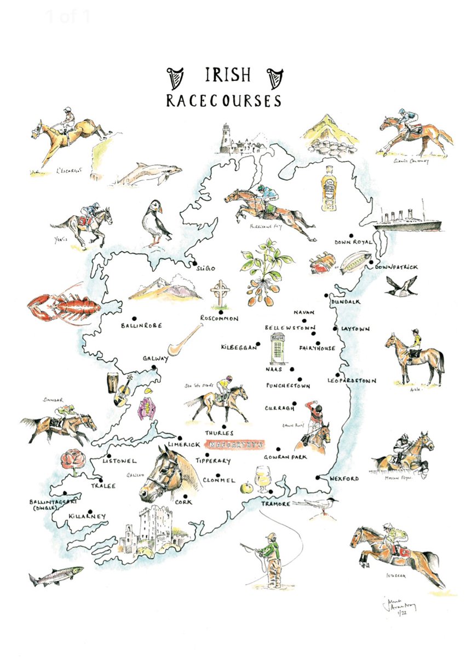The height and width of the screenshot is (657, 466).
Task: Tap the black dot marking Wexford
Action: click(318, 478)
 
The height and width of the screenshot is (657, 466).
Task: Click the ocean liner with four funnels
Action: click(407, 220)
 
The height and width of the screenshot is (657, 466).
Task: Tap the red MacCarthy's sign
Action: click(234, 444)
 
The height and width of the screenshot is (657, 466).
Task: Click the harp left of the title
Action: click(175, 78)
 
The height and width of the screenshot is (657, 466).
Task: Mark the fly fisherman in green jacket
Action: click(271, 556)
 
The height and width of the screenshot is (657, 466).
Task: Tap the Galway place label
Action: click(156, 358)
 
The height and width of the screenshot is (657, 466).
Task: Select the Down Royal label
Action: click(353, 241)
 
